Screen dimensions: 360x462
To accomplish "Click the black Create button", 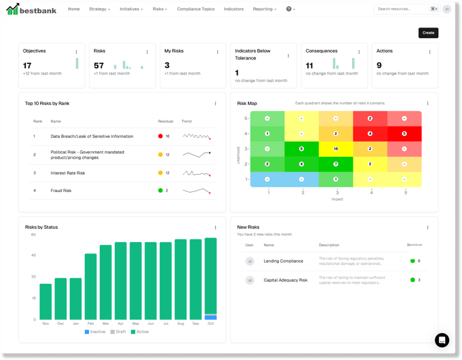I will (x=428, y=33).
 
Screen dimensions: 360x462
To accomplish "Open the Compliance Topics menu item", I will (x=195, y=9).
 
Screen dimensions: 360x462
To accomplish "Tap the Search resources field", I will (x=401, y=9).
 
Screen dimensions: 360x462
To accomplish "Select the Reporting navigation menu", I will (x=264, y=9).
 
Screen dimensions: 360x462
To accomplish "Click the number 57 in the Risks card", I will (x=99, y=65).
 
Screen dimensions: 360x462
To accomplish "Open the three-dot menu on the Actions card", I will (x=430, y=52).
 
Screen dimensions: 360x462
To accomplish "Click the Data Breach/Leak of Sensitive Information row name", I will (x=92, y=137).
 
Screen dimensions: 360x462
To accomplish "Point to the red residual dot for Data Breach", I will (x=160, y=137).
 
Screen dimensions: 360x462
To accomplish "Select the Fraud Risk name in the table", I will (x=61, y=190).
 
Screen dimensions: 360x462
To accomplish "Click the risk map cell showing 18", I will (x=336, y=149).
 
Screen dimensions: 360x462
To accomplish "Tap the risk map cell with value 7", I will (x=336, y=164).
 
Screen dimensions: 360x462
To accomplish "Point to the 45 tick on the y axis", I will (x=33, y=256).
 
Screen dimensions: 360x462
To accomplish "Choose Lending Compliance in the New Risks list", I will (x=283, y=261).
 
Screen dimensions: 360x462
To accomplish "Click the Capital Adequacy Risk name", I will (x=285, y=280).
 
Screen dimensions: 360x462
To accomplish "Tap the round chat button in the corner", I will (x=442, y=340).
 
